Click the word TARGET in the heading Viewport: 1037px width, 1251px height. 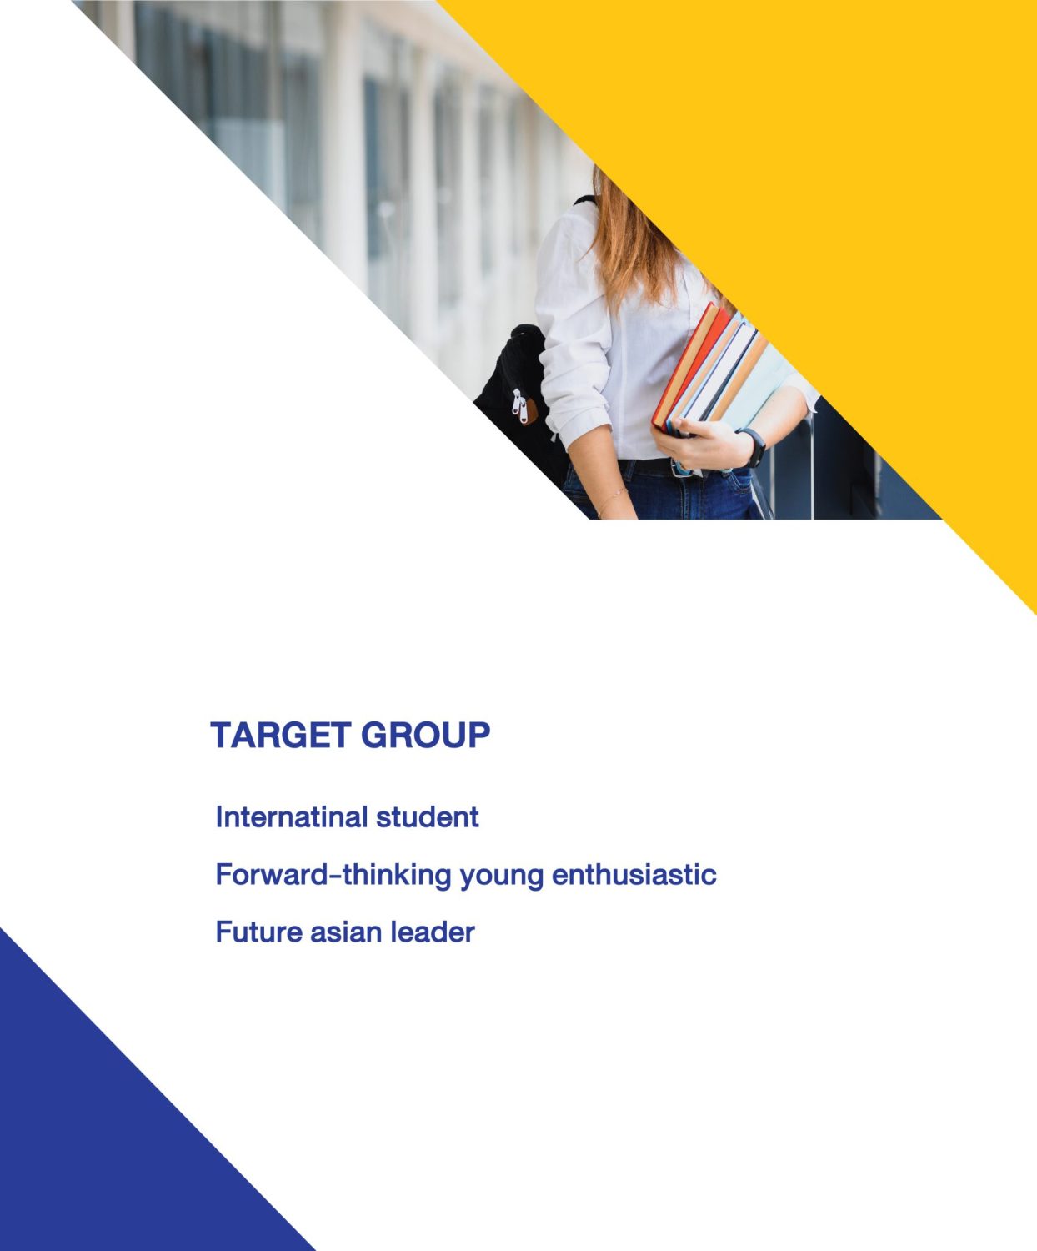pos(281,735)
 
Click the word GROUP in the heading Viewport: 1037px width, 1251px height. pos(426,735)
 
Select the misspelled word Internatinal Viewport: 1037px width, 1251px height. pos(292,816)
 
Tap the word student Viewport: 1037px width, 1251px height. pos(428,816)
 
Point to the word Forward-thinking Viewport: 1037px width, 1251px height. pos(333,874)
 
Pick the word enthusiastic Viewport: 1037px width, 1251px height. pos(634,874)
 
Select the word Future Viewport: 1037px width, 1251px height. pos(258,932)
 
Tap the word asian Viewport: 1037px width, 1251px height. pos(345,932)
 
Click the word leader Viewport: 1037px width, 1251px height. pos(433,932)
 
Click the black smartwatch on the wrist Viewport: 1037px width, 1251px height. pos(754,447)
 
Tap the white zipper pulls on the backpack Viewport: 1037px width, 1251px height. pos(519,406)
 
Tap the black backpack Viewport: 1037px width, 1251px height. pos(521,401)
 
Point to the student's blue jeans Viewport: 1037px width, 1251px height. pos(664,495)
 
